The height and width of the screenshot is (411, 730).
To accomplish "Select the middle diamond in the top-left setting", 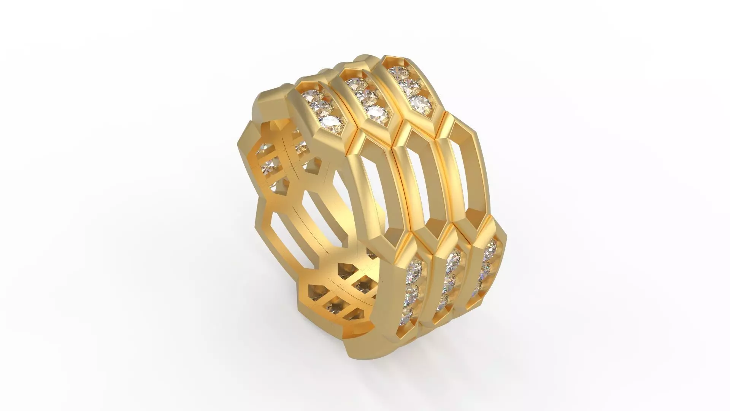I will coord(320,108).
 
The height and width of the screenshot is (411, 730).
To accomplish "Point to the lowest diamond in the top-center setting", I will coord(375,112).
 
